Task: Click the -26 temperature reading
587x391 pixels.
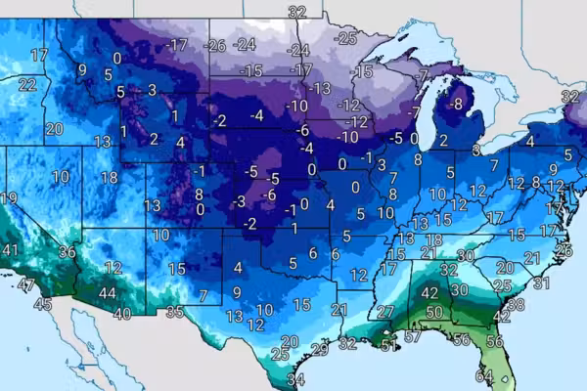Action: tap(214, 45)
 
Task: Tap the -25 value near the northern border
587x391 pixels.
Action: tap(345, 38)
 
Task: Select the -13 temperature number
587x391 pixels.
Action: tap(321, 88)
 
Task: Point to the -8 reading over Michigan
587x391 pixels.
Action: tap(455, 104)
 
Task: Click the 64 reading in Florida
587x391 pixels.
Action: tap(484, 375)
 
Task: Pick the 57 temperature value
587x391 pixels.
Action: tap(413, 337)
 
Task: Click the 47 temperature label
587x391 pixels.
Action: tap(26, 284)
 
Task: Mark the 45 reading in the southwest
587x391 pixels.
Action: tap(43, 304)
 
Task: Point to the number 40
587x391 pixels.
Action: tap(122, 314)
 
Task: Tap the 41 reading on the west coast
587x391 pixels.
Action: tap(10, 250)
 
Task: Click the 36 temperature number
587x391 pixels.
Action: tap(67, 251)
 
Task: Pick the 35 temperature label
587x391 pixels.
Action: tap(174, 313)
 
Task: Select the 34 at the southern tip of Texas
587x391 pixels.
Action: tap(296, 379)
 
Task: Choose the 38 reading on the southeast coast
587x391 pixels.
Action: tap(516, 304)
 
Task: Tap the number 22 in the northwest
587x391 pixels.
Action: tap(27, 84)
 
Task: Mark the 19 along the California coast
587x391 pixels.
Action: tap(9, 198)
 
